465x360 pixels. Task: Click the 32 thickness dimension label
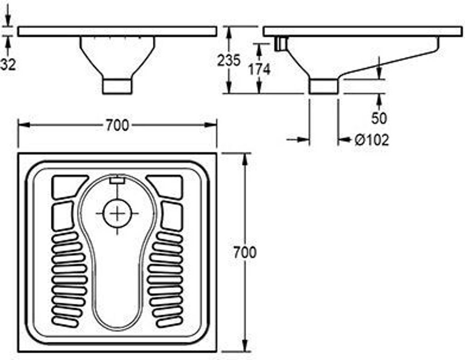coord(8,64)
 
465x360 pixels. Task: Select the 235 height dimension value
coord(228,60)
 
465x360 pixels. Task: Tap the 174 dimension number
coord(259,69)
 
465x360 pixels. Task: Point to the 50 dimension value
coord(379,118)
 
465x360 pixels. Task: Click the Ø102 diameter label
coord(371,140)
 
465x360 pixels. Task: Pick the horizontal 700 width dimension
coord(117,125)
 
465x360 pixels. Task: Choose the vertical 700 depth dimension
coord(245,252)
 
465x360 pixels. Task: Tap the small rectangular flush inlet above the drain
coord(117,180)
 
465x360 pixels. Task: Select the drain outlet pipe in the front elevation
coord(117,86)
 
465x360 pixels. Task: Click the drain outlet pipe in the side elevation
coord(323,86)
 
